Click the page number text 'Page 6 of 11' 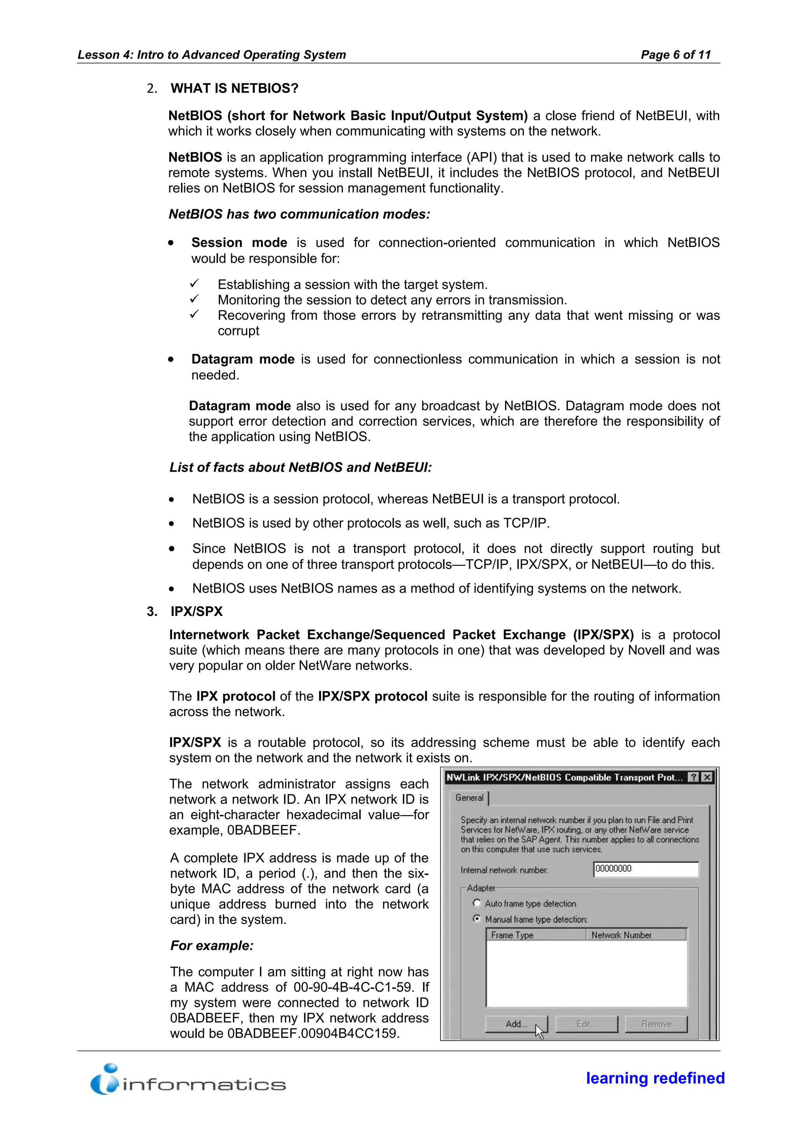(675, 54)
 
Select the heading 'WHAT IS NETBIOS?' (234, 88)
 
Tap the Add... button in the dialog (516, 1024)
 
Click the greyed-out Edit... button (586, 1024)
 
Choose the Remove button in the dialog (656, 1024)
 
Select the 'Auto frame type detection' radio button (476, 903)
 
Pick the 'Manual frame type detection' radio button (476, 919)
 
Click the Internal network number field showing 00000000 (645, 869)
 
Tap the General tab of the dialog (469, 798)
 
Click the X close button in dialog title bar (707, 777)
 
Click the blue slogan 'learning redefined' (655, 1078)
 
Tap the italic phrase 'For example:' (212, 946)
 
